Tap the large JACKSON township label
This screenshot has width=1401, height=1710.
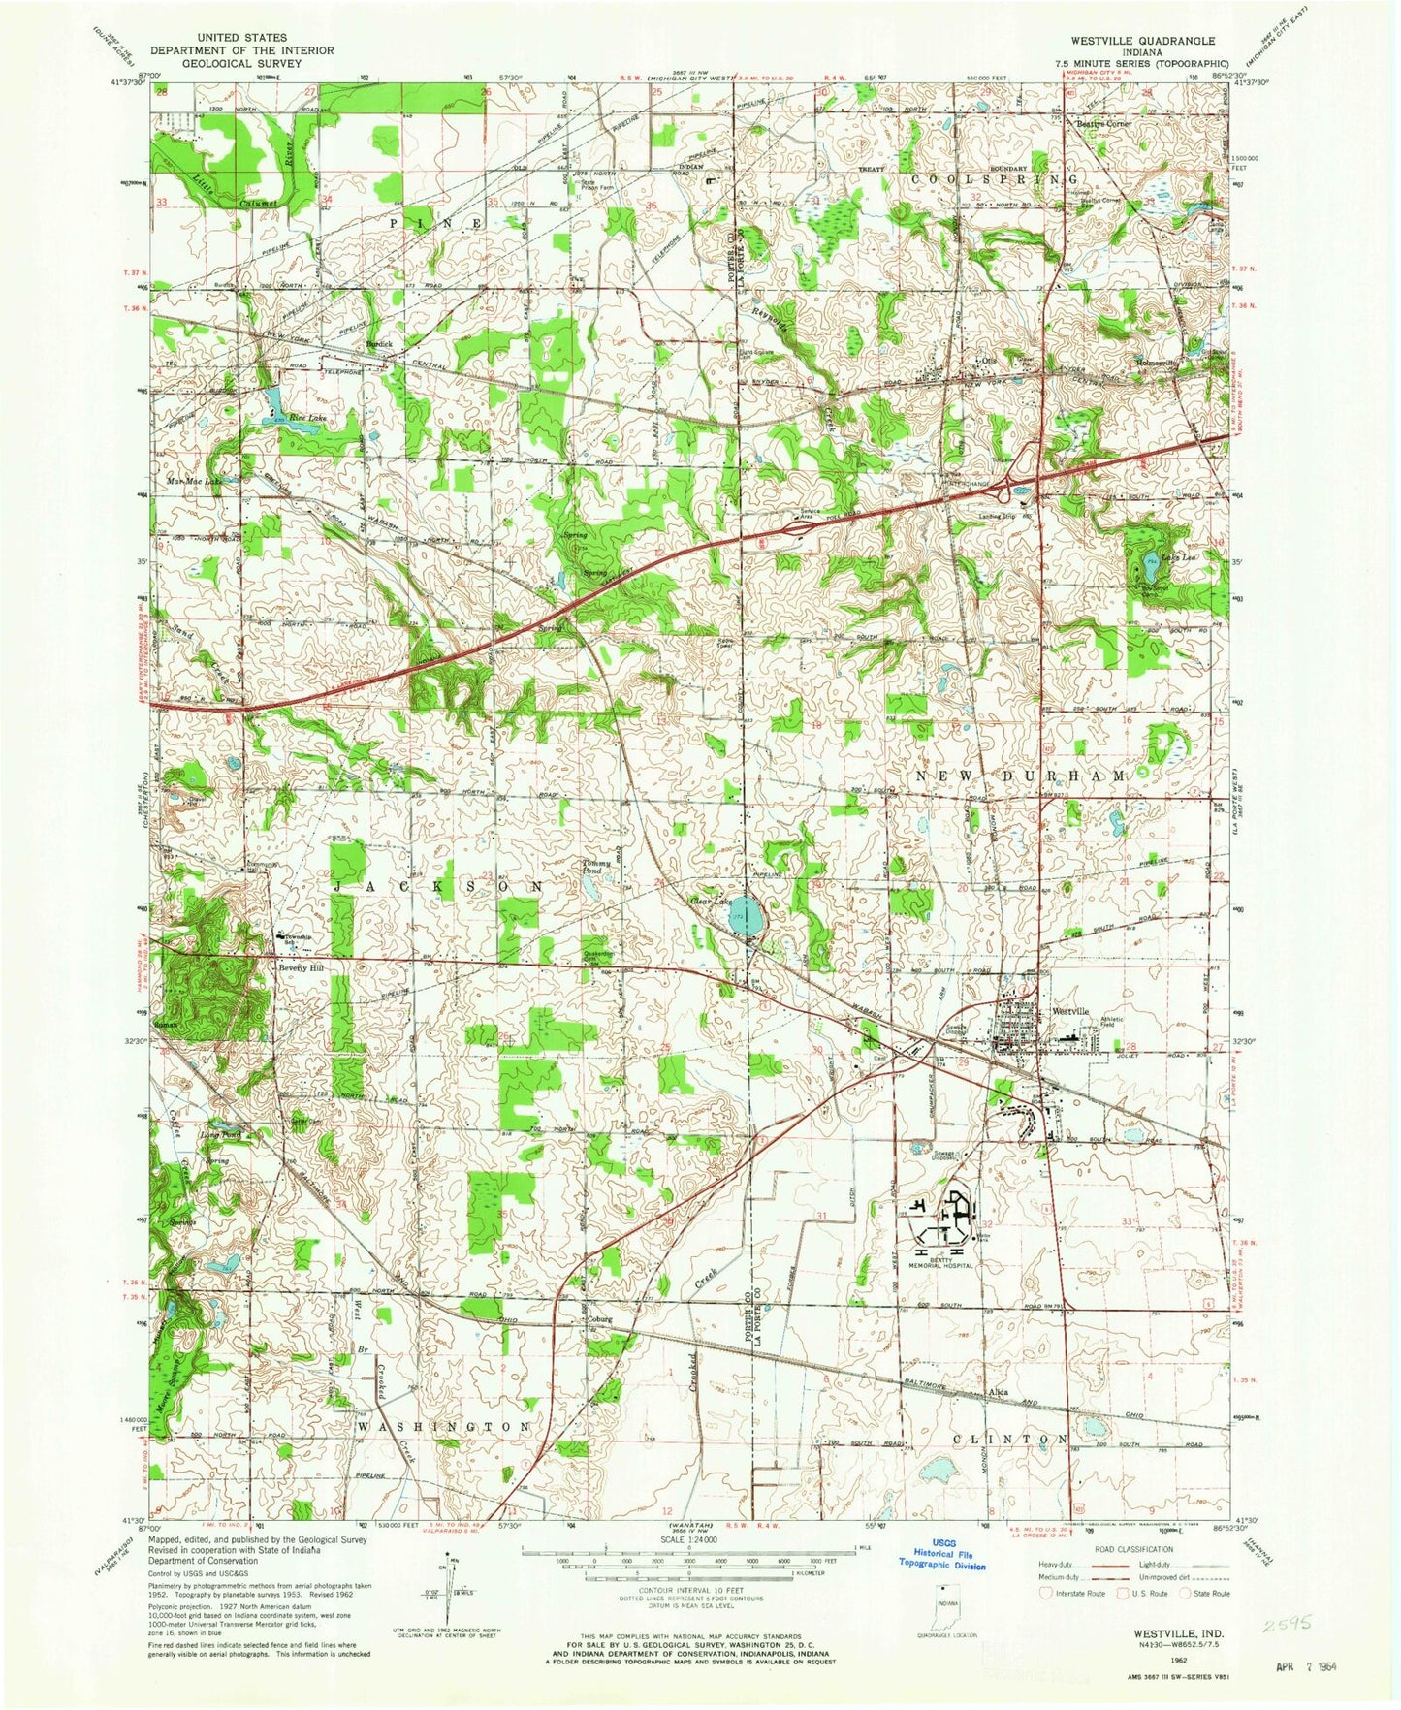click(x=438, y=886)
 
